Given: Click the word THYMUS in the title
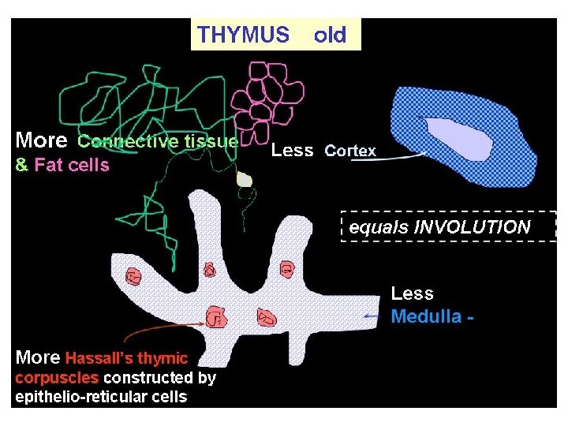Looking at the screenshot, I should (243, 35).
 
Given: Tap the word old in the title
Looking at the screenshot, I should (330, 35).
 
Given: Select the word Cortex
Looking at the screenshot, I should (350, 151).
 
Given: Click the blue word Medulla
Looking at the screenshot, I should (427, 317).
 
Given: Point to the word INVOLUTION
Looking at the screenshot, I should (473, 227).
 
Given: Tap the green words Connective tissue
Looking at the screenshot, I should (157, 142).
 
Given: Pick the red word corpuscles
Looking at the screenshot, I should (57, 377).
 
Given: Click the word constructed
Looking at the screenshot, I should (149, 377).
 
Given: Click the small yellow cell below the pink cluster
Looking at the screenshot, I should (245, 181).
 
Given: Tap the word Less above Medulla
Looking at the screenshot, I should (412, 293).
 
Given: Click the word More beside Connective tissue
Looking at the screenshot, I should (41, 141).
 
